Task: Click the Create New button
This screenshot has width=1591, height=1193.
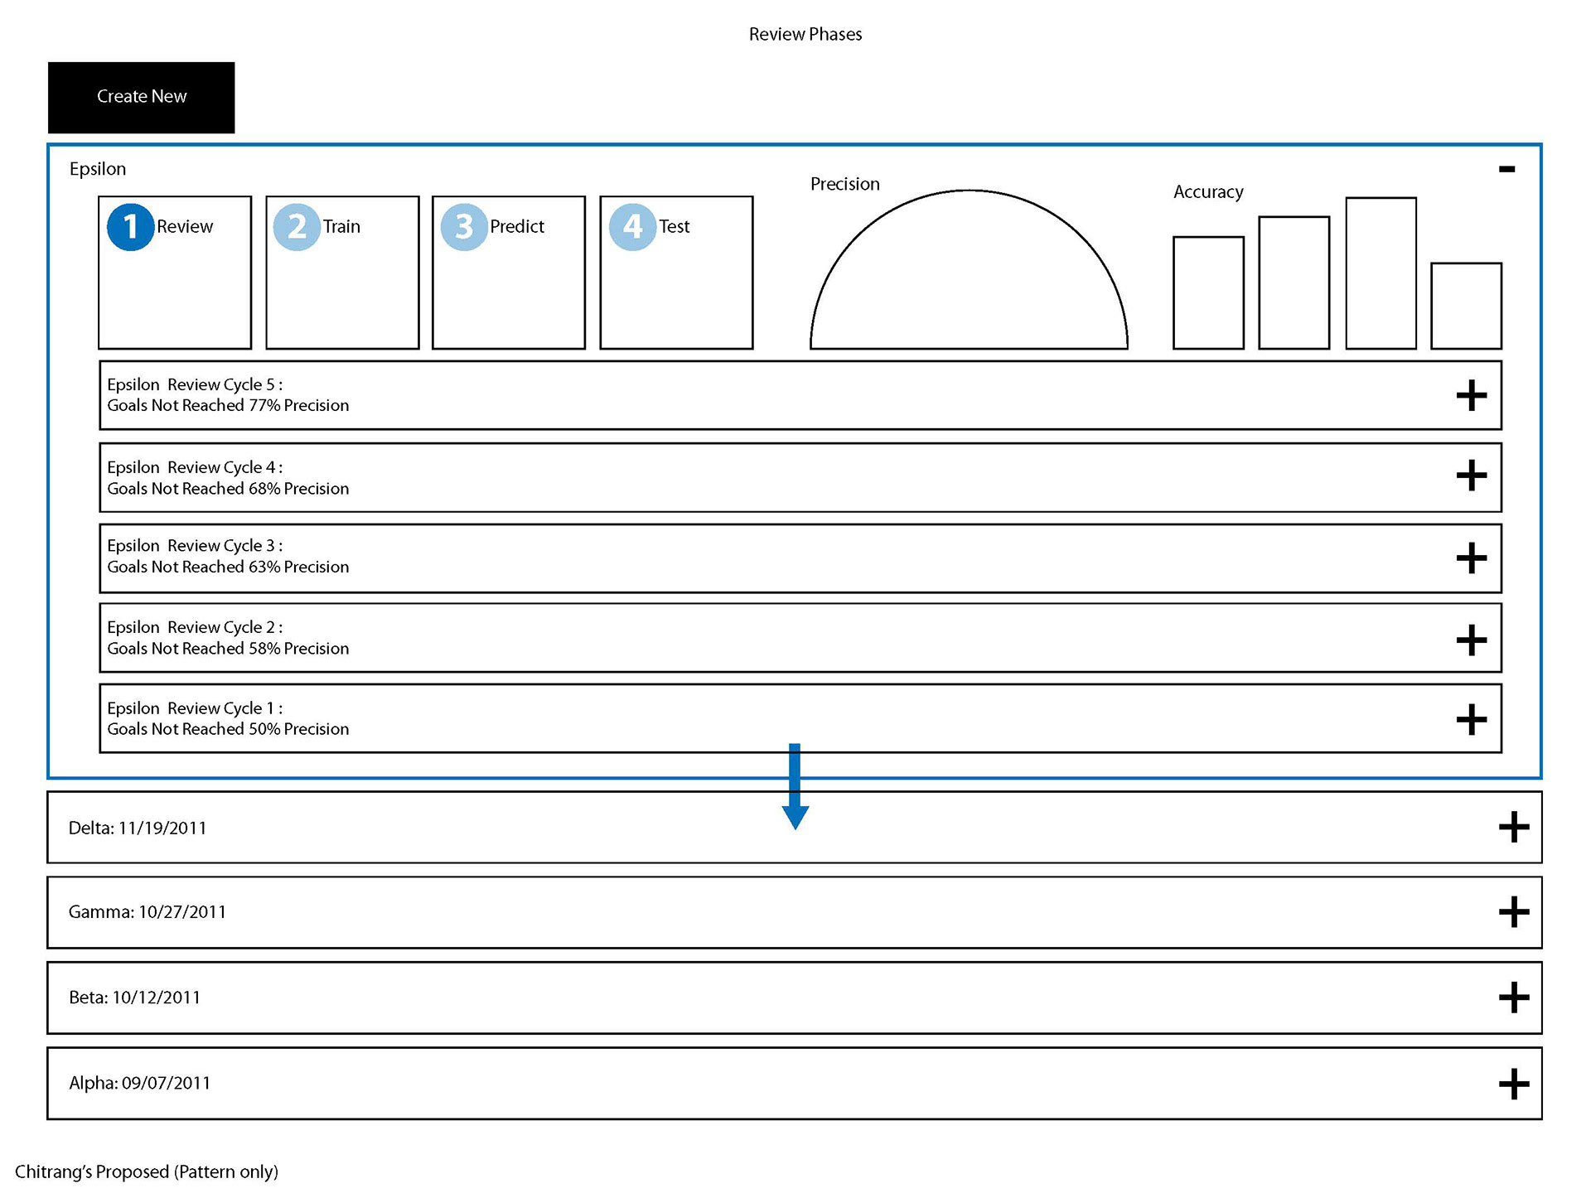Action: click(x=141, y=98)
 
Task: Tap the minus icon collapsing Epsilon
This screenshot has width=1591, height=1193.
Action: click(x=1506, y=169)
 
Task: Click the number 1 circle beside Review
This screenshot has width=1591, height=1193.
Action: click(x=130, y=227)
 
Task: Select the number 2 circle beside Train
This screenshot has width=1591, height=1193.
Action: click(x=297, y=227)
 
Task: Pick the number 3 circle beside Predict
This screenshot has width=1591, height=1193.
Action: click(x=464, y=227)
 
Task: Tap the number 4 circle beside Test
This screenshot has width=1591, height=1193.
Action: click(x=632, y=227)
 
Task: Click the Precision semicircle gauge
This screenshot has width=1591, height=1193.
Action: click(x=969, y=191)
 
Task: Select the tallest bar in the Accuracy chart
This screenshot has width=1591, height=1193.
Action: click(x=1381, y=273)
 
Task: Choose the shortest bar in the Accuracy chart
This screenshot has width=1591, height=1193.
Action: click(x=1466, y=306)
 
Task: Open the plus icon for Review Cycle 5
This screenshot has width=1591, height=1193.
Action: click(x=1472, y=395)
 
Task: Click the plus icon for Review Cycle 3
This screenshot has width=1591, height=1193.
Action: click(x=1472, y=558)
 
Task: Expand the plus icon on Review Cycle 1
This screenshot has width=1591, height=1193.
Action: click(x=1472, y=719)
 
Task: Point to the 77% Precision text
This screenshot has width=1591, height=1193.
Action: click(x=299, y=405)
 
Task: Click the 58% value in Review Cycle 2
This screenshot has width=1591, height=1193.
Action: click(x=264, y=649)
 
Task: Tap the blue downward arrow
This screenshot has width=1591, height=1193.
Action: click(x=795, y=786)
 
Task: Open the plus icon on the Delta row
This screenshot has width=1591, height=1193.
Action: click(x=1514, y=827)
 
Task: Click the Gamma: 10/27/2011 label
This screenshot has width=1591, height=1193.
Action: click(x=147, y=912)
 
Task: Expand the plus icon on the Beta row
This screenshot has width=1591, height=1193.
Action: click(x=1514, y=997)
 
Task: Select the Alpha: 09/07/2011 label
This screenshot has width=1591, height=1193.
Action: click(x=140, y=1084)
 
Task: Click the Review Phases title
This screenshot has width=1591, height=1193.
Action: click(x=805, y=34)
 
